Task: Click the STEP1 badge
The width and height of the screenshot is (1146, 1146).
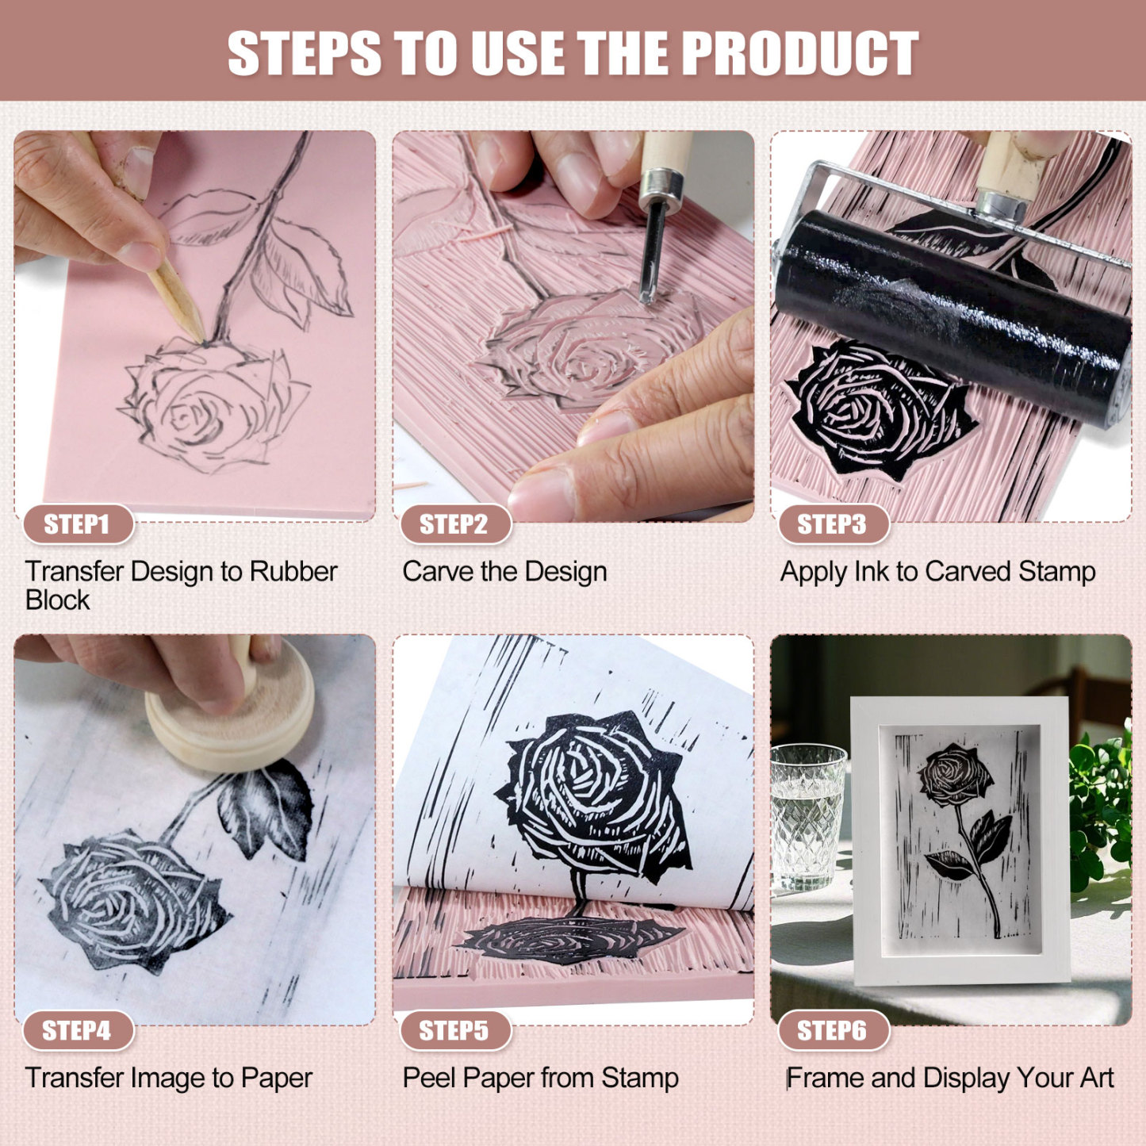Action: click(77, 524)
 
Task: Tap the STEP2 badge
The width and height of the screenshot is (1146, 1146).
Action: click(454, 524)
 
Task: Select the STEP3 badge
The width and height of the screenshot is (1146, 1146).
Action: click(832, 524)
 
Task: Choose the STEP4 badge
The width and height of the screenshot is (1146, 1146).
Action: click(77, 1030)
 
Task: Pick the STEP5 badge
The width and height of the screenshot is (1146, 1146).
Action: click(454, 1030)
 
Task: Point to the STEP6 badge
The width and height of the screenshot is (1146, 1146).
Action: click(832, 1030)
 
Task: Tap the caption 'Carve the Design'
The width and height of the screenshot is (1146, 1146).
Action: click(504, 572)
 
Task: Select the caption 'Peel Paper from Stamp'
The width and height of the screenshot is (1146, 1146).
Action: click(540, 1078)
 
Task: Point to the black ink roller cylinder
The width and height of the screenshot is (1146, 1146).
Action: click(952, 317)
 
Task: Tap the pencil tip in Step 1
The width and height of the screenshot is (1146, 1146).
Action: click(198, 337)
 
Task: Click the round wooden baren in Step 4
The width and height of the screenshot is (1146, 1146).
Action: click(230, 718)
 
